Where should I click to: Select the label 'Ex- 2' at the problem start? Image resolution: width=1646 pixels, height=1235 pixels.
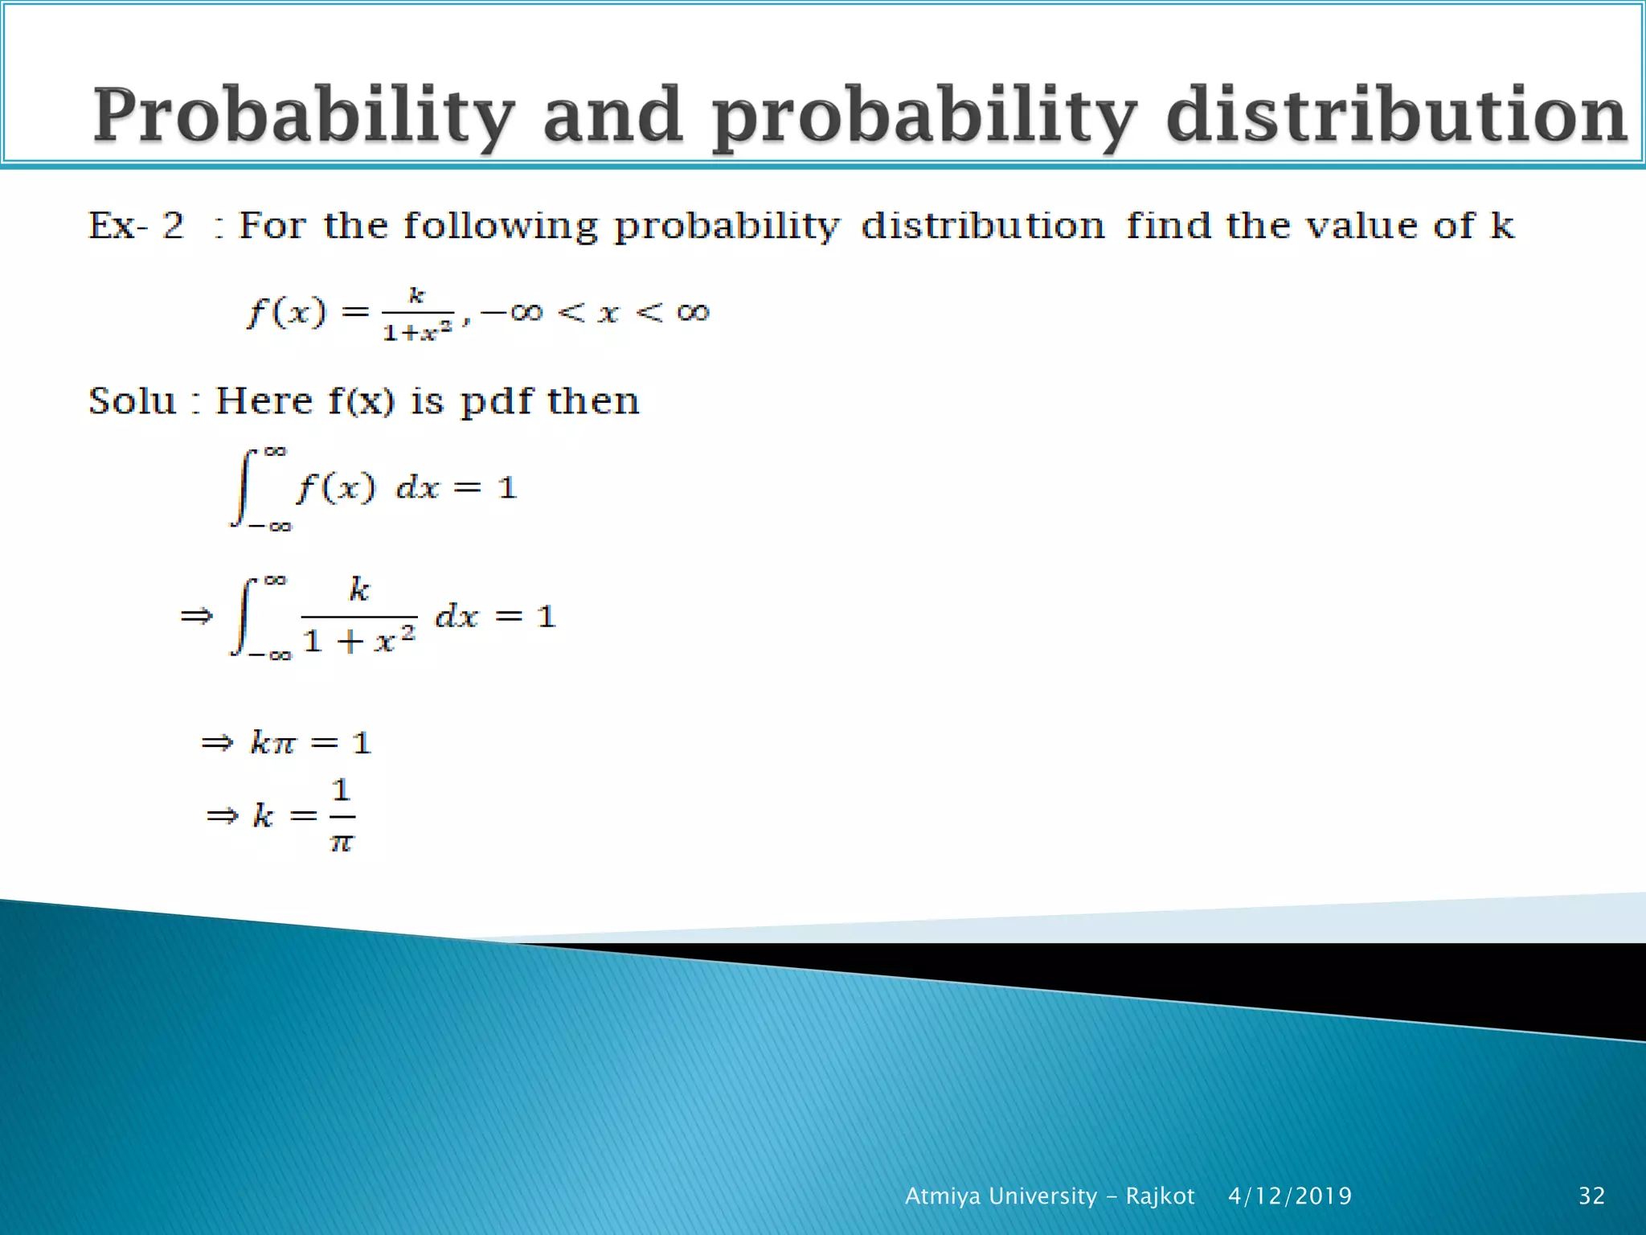136,225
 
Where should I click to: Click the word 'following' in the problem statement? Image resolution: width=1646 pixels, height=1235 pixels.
500,225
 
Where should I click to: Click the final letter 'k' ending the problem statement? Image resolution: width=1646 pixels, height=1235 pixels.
1502,225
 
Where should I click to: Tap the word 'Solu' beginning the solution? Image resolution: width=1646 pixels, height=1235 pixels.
132,400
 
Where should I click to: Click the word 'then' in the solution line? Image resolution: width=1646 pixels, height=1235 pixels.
593,400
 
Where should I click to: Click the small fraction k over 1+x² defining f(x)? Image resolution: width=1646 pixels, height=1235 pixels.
417,314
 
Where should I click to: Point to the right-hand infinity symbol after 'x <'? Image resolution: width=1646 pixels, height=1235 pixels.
693,312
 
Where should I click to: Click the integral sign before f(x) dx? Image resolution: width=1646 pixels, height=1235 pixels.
244,487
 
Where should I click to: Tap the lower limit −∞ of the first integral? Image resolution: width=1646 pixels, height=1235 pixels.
270,527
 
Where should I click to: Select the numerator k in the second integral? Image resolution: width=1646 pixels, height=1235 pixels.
358,589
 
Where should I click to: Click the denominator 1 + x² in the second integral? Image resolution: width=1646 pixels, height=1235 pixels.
359,641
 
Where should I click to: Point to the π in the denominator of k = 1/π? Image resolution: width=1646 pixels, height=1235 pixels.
342,843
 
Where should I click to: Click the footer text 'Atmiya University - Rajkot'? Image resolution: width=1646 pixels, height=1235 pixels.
1050,1196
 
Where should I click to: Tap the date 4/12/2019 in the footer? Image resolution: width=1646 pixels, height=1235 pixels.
1289,1196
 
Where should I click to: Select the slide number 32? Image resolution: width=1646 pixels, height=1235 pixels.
1591,1196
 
